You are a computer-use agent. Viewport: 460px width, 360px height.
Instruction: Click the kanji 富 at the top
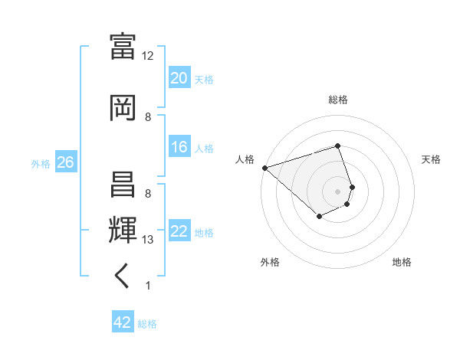tap(123, 45)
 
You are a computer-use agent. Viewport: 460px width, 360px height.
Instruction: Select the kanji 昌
tap(123, 184)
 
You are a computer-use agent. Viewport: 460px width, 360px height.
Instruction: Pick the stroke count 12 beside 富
tap(148, 56)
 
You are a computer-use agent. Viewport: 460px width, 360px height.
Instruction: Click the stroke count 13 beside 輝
tap(148, 240)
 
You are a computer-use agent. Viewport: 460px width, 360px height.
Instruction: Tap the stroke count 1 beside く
tap(147, 286)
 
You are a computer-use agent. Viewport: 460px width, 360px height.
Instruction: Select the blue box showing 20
tap(179, 78)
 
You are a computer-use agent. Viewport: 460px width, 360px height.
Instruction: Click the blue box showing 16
tap(179, 147)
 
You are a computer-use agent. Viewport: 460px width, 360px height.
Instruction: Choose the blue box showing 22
tap(179, 231)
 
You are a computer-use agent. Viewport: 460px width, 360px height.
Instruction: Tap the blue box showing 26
tap(65, 162)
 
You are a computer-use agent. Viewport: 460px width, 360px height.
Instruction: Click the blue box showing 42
tap(123, 322)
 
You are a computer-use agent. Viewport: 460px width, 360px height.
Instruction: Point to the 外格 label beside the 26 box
tap(41, 163)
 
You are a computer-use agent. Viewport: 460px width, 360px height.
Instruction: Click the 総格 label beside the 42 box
tap(147, 324)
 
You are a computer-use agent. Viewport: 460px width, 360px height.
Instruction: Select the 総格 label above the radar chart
tap(337, 100)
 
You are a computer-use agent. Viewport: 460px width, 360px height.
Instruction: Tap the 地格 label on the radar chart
tap(402, 262)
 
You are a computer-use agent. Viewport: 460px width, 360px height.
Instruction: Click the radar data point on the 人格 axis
tap(264, 168)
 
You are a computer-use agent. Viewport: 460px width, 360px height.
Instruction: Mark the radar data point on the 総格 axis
tap(337, 146)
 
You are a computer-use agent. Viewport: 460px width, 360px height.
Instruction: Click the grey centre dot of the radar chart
tap(337, 191)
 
